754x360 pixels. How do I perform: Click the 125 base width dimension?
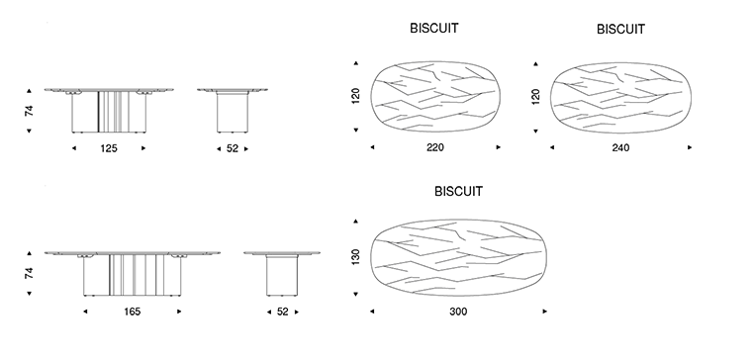(x=109, y=148)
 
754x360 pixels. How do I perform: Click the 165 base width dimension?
(x=133, y=312)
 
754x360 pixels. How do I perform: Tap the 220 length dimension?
(x=435, y=147)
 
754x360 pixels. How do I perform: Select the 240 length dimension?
(x=620, y=148)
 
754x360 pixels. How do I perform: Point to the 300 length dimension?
(x=458, y=312)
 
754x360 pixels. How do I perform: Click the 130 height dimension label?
(x=356, y=257)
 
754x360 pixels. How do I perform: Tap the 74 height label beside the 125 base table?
(x=30, y=111)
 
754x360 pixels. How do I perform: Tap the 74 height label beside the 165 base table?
(x=30, y=274)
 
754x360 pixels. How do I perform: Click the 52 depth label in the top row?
(x=233, y=149)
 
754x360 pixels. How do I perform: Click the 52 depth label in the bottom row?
(x=283, y=312)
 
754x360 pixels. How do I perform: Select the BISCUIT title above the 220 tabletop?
(x=434, y=29)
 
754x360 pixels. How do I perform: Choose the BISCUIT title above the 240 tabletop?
(x=620, y=30)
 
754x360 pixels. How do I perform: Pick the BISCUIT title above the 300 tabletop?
(x=458, y=191)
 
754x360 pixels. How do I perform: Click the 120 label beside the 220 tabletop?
(x=356, y=96)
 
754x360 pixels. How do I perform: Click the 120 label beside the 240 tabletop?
(x=535, y=97)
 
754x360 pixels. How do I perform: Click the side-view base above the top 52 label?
(x=233, y=112)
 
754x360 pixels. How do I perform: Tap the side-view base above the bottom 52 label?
(x=282, y=275)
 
